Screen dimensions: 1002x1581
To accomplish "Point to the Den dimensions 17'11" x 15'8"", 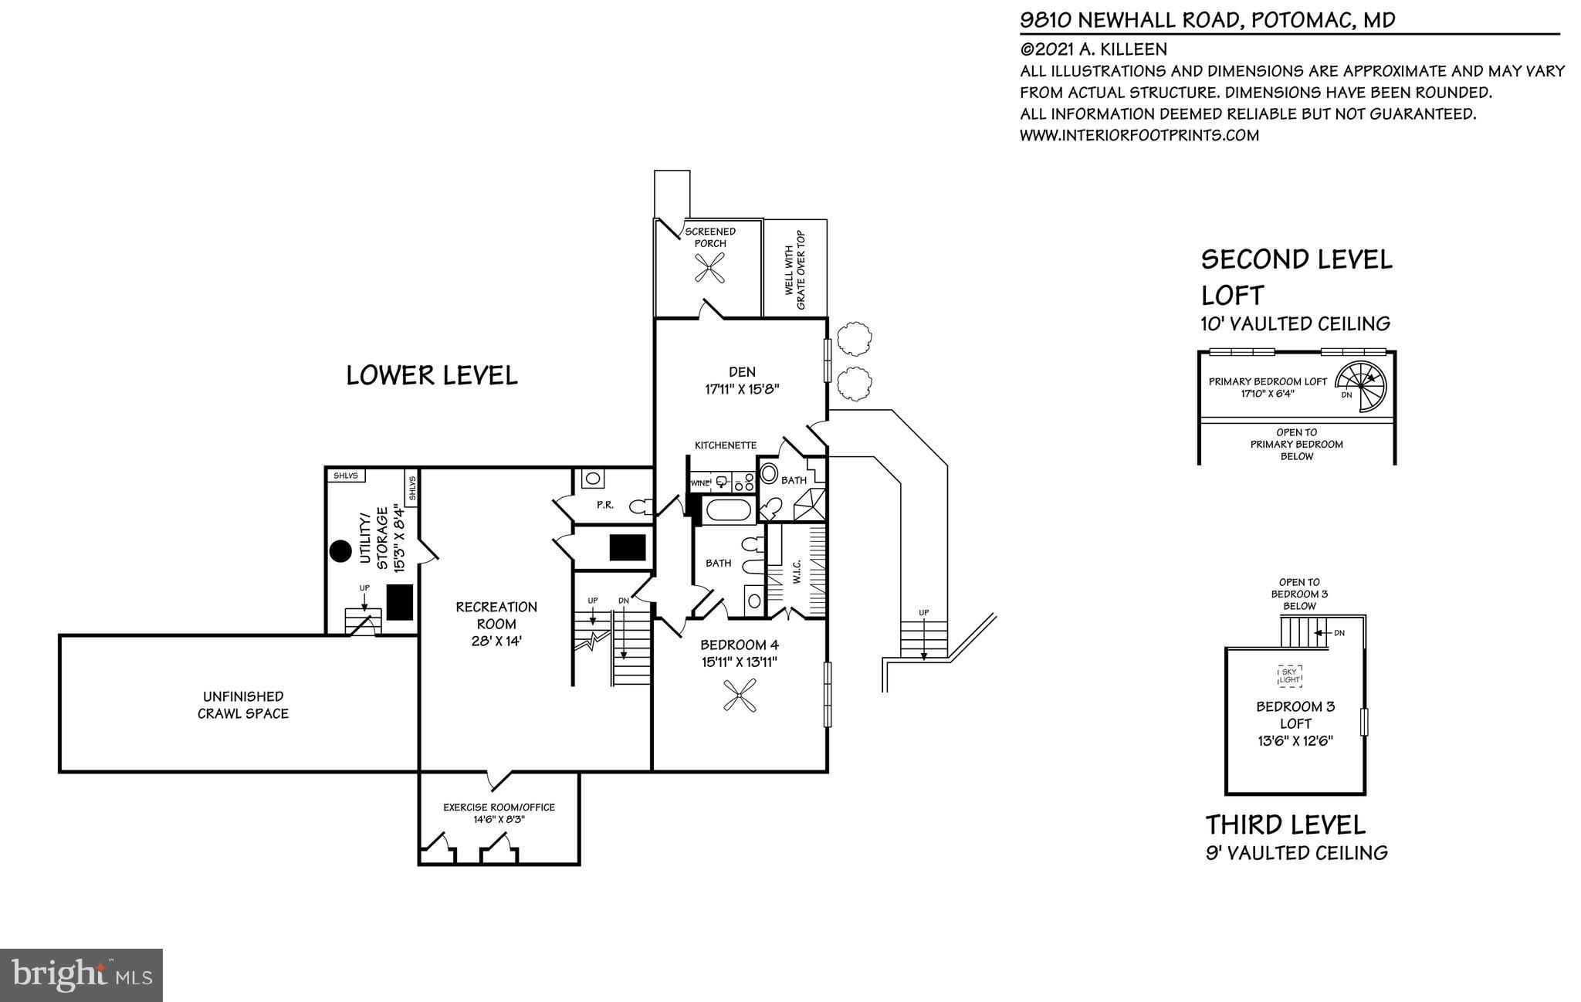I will pyautogui.click(x=741, y=390).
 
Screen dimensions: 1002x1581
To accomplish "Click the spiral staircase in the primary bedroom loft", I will pyautogui.click(x=1361, y=386).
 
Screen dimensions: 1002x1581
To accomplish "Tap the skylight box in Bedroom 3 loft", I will pyautogui.click(x=1289, y=676).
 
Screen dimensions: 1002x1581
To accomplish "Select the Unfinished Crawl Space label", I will pyautogui.click(x=242, y=705).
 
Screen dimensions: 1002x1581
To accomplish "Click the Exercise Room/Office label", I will pyautogui.click(x=499, y=807).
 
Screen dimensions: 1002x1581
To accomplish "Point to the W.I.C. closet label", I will pyautogui.click(x=797, y=572).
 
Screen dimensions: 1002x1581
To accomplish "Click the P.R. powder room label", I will pyautogui.click(x=604, y=505).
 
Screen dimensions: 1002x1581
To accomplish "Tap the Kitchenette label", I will pyautogui.click(x=725, y=445).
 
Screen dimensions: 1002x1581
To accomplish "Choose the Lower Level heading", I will pyautogui.click(x=432, y=375).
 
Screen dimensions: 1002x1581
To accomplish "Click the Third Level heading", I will pyautogui.click(x=1285, y=824).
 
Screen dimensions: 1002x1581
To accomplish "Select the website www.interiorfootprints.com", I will pyautogui.click(x=1139, y=136).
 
